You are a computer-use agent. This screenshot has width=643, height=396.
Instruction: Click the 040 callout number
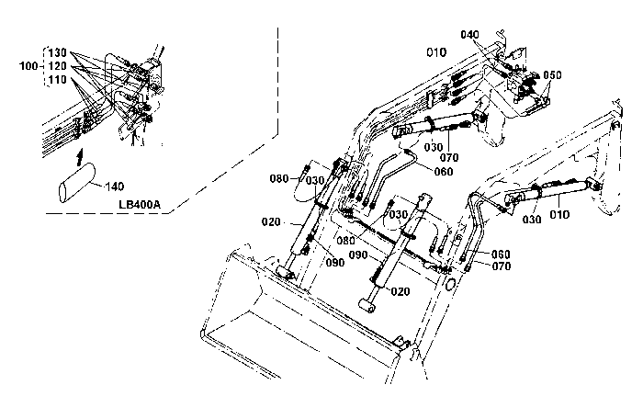click(469, 35)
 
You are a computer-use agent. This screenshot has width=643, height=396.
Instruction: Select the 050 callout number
click(552, 75)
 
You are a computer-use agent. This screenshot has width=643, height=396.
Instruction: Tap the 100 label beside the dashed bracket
click(28, 65)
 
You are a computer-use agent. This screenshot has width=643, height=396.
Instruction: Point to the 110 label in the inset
click(57, 80)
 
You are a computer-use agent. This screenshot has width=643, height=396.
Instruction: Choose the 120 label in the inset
click(57, 66)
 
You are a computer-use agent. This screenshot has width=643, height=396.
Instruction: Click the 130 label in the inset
click(57, 52)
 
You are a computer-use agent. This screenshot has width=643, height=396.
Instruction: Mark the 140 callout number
click(115, 187)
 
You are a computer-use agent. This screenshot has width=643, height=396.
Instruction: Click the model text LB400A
click(140, 204)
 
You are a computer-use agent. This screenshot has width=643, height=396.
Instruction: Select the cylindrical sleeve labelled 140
click(77, 182)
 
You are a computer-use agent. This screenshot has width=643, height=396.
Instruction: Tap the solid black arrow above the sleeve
click(81, 157)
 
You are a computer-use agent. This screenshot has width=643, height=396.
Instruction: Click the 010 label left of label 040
click(436, 52)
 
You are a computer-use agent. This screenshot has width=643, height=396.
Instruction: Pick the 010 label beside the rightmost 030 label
click(559, 215)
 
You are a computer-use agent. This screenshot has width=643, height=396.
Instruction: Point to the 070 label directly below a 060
click(502, 266)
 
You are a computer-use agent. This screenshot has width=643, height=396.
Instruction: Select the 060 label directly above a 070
click(502, 255)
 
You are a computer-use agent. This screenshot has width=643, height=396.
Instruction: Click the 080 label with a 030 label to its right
click(279, 178)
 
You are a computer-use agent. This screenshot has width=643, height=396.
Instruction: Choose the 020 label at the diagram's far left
click(271, 222)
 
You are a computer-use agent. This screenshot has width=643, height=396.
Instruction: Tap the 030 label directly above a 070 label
click(434, 147)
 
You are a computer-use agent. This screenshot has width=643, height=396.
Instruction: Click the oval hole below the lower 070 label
click(450, 283)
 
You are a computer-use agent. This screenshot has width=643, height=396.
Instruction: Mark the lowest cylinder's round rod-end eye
click(367, 306)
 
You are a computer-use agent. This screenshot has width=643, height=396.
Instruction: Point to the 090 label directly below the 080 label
click(358, 255)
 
